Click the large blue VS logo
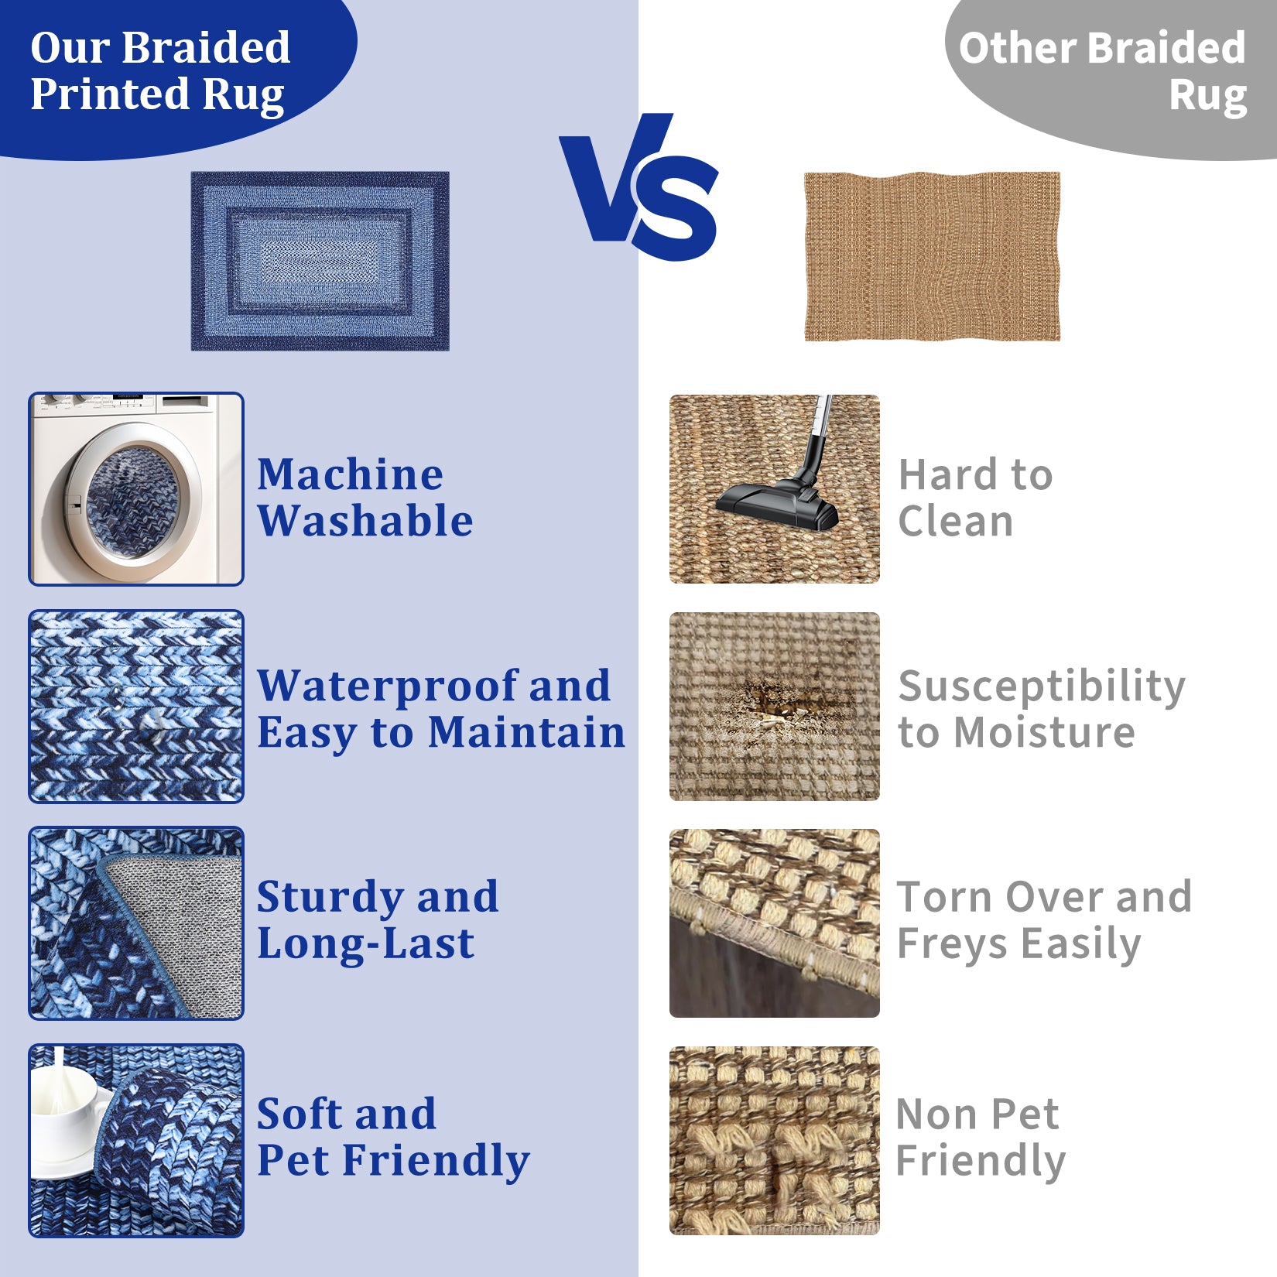639,188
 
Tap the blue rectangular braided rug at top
320,261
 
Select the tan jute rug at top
932,256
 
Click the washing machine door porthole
133,500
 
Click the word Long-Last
365,944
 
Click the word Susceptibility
1042,687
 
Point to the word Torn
944,897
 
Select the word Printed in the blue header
109,95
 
